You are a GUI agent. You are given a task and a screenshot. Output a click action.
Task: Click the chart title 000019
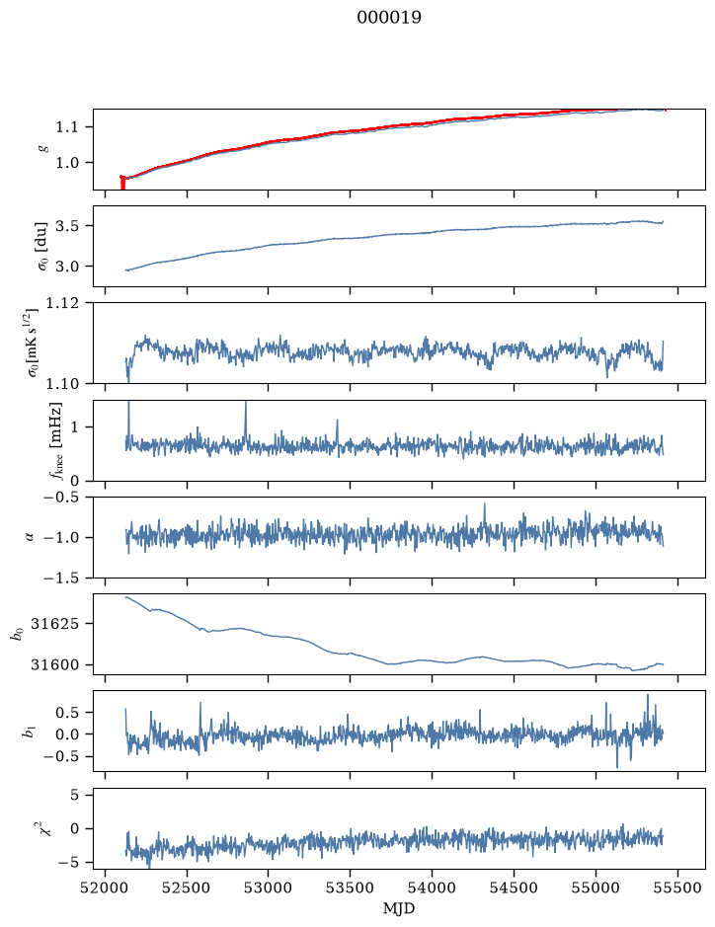(389, 18)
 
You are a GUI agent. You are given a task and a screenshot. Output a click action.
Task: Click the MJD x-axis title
(399, 908)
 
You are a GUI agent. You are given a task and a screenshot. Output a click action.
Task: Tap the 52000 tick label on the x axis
(106, 888)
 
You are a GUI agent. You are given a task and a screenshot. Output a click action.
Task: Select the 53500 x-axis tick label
(351, 888)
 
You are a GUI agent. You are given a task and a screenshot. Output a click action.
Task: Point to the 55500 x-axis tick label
(677, 888)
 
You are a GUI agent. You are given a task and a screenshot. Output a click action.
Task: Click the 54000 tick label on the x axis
(432, 888)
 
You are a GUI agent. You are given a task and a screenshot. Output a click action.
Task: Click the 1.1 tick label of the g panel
(66, 126)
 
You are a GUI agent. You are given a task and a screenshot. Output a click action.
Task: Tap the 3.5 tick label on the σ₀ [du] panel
(66, 226)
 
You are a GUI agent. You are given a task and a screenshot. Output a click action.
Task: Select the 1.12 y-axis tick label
(61, 303)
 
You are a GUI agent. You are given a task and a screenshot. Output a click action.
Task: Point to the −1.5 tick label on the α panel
(61, 578)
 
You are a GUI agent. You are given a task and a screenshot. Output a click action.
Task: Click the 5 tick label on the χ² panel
(74, 795)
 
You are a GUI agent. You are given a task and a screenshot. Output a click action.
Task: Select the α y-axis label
(31, 537)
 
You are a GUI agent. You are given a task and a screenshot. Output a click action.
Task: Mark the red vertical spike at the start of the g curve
(122, 183)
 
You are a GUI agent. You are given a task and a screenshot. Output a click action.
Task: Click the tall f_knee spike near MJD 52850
(246, 421)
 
